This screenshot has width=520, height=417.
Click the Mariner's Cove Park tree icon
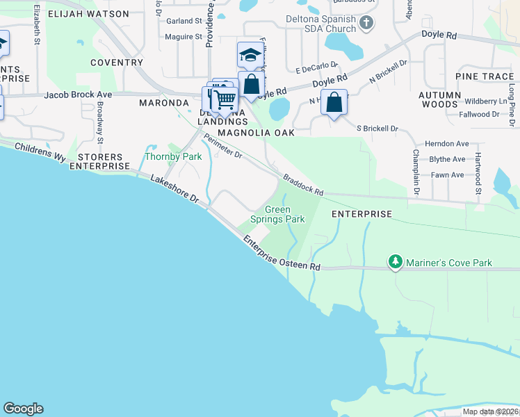tap(396, 262)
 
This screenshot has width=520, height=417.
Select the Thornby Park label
tap(172, 156)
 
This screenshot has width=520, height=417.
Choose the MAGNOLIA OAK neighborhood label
tap(256, 132)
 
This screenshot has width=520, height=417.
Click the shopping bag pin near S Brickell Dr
tap(334, 102)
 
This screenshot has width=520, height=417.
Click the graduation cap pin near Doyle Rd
tap(250, 54)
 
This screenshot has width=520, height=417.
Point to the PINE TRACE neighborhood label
tap(485, 76)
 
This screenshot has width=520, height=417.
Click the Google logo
tap(23, 409)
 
